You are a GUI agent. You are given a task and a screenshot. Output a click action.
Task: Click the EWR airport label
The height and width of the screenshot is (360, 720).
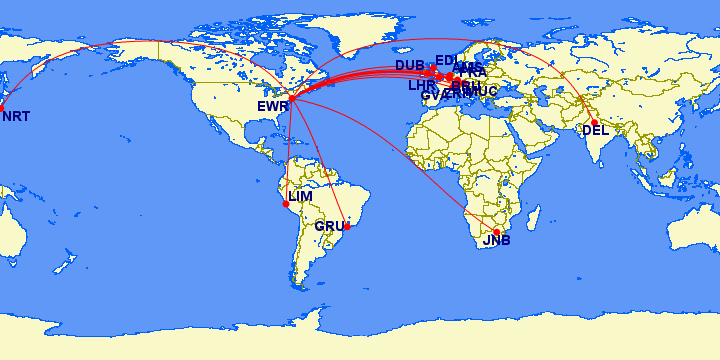click(x=272, y=105)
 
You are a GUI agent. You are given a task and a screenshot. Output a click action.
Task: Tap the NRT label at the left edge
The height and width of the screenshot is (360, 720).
click(x=16, y=117)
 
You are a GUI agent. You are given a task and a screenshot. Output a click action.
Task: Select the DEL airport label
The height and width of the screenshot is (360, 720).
click(x=594, y=130)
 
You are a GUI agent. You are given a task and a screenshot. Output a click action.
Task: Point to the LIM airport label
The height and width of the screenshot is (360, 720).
click(x=300, y=196)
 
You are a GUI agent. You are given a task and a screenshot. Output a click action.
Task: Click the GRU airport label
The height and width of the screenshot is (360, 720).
click(x=329, y=226)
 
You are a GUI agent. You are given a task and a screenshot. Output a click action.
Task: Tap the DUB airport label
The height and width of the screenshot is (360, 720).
click(x=409, y=66)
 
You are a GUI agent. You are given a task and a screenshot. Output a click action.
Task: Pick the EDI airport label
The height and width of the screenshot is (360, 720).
click(x=446, y=60)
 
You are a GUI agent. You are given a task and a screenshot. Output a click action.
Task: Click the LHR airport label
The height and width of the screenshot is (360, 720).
click(x=421, y=86)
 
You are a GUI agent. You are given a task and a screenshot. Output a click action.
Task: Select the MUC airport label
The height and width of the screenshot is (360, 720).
click(x=481, y=92)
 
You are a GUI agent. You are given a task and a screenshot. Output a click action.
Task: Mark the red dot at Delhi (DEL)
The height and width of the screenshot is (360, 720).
click(x=594, y=123)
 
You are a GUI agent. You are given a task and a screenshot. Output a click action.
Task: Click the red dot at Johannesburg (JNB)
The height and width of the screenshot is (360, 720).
click(x=496, y=232)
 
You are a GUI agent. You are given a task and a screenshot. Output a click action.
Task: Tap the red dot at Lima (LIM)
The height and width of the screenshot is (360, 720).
click(x=286, y=204)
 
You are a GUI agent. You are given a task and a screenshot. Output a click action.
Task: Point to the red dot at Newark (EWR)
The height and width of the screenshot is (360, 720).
click(x=291, y=98)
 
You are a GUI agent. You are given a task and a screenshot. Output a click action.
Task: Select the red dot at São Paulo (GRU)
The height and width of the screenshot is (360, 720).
click(x=347, y=225)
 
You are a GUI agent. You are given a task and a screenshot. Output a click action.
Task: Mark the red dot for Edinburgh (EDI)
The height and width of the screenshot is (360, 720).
click(x=433, y=68)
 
